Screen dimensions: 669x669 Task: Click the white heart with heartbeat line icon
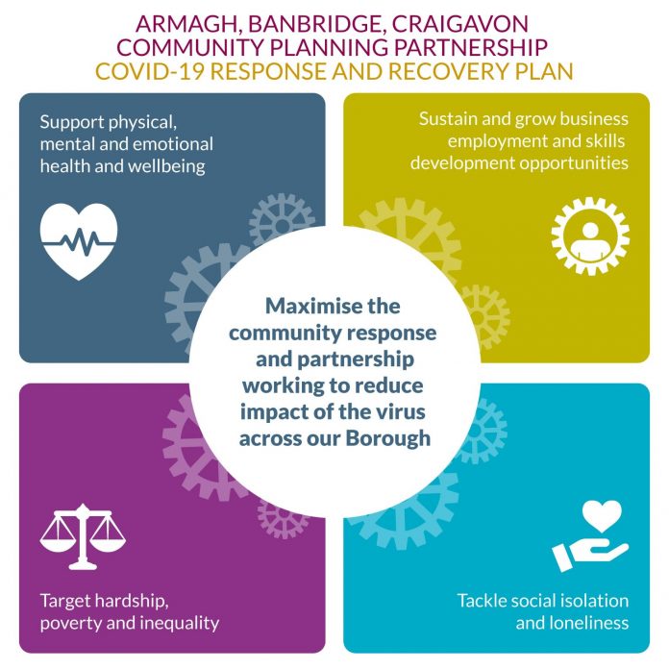point(79,241)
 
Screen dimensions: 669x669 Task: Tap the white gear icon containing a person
point(590,235)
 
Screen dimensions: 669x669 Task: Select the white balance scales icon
point(83,536)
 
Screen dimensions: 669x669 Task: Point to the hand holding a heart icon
point(590,536)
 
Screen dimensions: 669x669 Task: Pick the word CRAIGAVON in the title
point(459,24)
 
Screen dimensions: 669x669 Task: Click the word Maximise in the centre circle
point(301,306)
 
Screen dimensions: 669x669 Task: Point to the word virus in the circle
point(401,411)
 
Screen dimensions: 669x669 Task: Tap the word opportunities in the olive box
point(574,163)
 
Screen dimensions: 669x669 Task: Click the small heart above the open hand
point(602,516)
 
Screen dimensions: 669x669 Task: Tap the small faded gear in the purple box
point(282,519)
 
